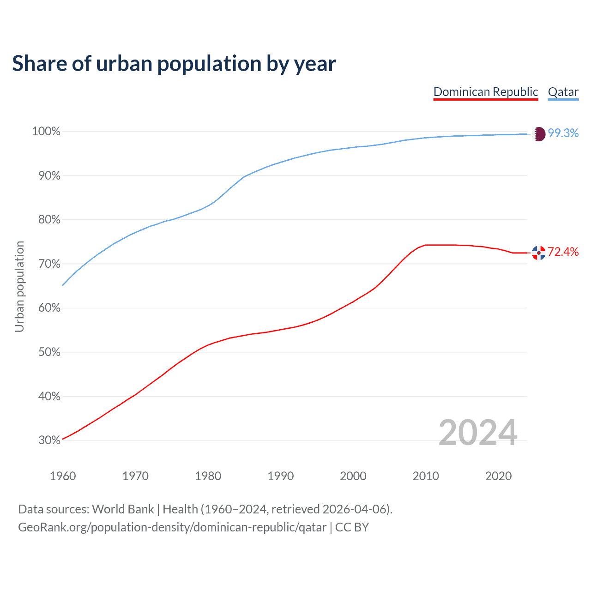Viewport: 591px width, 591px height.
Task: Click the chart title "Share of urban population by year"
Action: coord(174,64)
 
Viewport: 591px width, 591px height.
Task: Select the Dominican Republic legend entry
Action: coord(486,92)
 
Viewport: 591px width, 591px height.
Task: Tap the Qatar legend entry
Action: coord(563,92)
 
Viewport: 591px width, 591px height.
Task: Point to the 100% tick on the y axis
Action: coord(46,132)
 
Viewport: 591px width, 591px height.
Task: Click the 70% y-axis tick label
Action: coord(49,264)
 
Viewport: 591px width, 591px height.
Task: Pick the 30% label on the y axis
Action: coord(49,440)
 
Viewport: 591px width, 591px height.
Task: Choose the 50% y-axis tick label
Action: coord(49,352)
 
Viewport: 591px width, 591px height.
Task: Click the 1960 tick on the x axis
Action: coord(63,476)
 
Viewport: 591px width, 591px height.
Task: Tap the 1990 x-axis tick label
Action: coord(280,476)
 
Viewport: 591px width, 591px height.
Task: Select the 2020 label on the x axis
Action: coord(498,476)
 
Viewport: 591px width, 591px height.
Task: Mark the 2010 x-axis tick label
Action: coord(426,476)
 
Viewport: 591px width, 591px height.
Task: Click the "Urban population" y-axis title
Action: coord(19,286)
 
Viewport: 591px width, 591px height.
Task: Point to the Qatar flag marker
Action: coord(539,134)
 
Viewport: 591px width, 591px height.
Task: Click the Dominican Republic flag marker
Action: coord(539,253)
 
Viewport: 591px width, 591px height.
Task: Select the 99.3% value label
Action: coord(563,133)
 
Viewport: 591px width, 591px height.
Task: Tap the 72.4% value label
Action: coord(563,252)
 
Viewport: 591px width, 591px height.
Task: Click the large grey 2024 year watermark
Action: coord(478,433)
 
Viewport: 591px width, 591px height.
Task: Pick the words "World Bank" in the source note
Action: coord(123,509)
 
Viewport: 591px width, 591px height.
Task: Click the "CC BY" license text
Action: coord(352,527)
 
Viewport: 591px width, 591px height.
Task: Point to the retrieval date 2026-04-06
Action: coord(354,509)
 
